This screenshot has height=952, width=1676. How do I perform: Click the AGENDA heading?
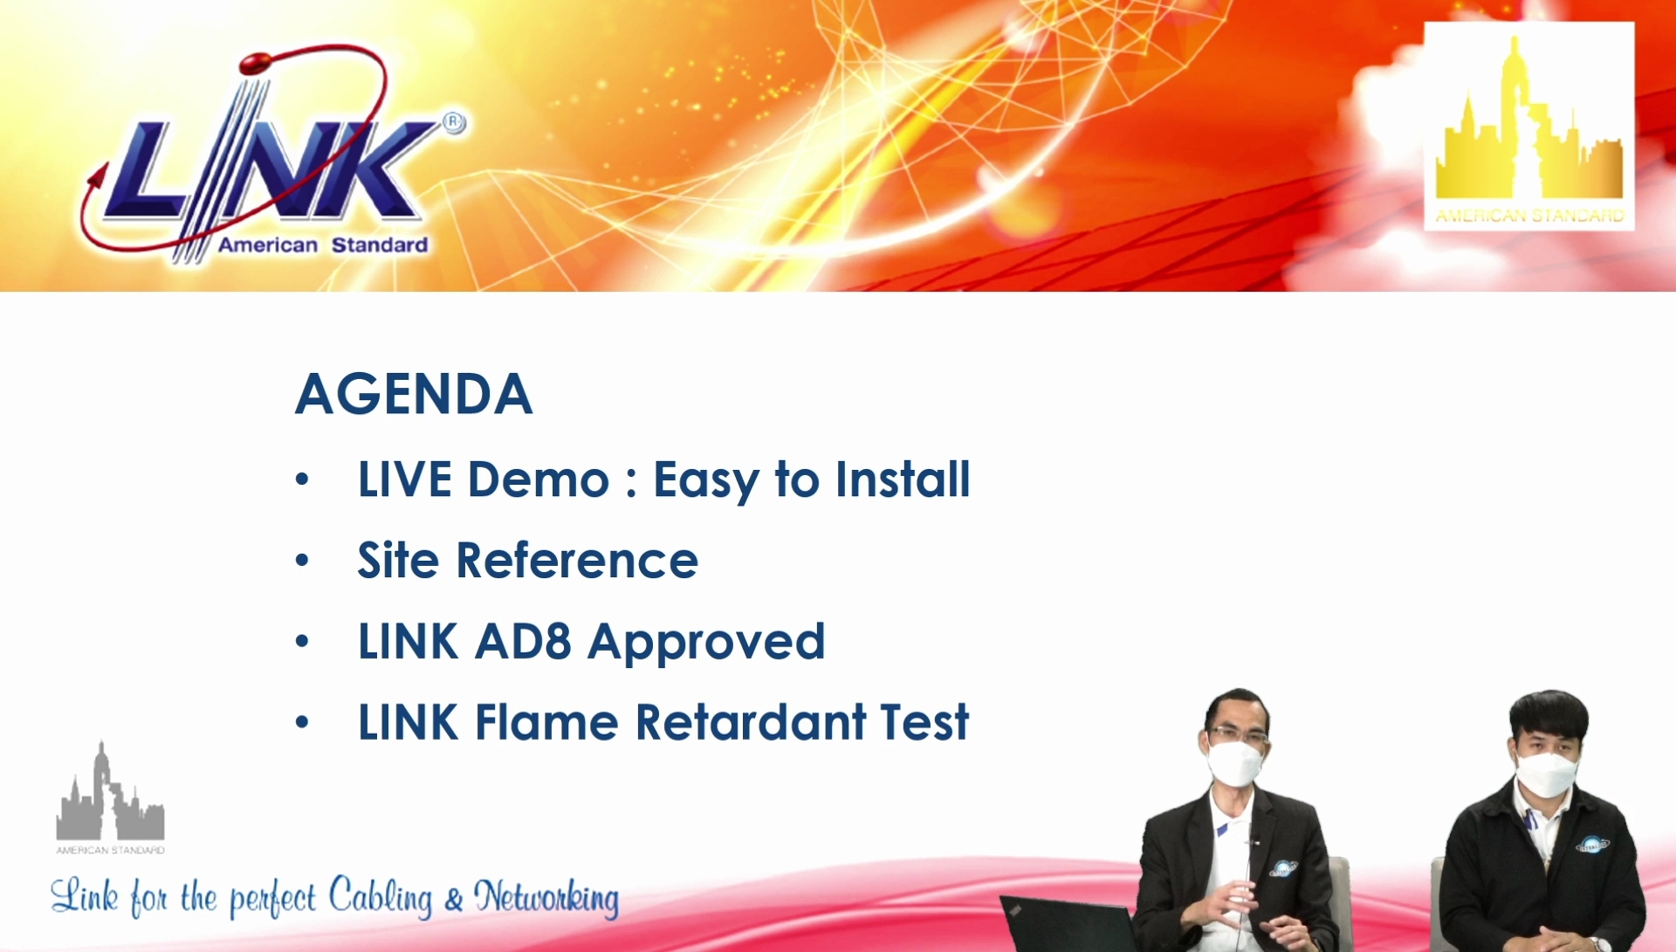pos(414,394)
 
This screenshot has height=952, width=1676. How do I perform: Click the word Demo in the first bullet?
pos(538,479)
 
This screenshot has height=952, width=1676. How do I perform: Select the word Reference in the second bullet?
pos(577,560)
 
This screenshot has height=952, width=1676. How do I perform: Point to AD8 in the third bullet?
pos(523,641)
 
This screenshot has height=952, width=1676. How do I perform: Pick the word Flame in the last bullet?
pos(547,722)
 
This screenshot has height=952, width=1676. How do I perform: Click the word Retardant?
pos(751,722)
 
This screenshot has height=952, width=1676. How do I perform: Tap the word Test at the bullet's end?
pos(924,722)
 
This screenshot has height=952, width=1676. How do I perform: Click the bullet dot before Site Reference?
pos(302,560)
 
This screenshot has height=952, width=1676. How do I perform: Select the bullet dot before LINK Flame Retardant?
pos(302,722)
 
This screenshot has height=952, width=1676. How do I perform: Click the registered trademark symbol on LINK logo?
pos(454,123)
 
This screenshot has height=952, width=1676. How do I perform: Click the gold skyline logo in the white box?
pos(1529,127)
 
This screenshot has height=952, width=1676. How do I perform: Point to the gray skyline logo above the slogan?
pos(111,797)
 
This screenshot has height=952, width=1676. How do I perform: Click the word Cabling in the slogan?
pos(381,897)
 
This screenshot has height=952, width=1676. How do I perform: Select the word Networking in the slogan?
pos(546,899)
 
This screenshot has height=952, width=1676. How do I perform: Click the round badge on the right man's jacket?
pos(1593,844)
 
